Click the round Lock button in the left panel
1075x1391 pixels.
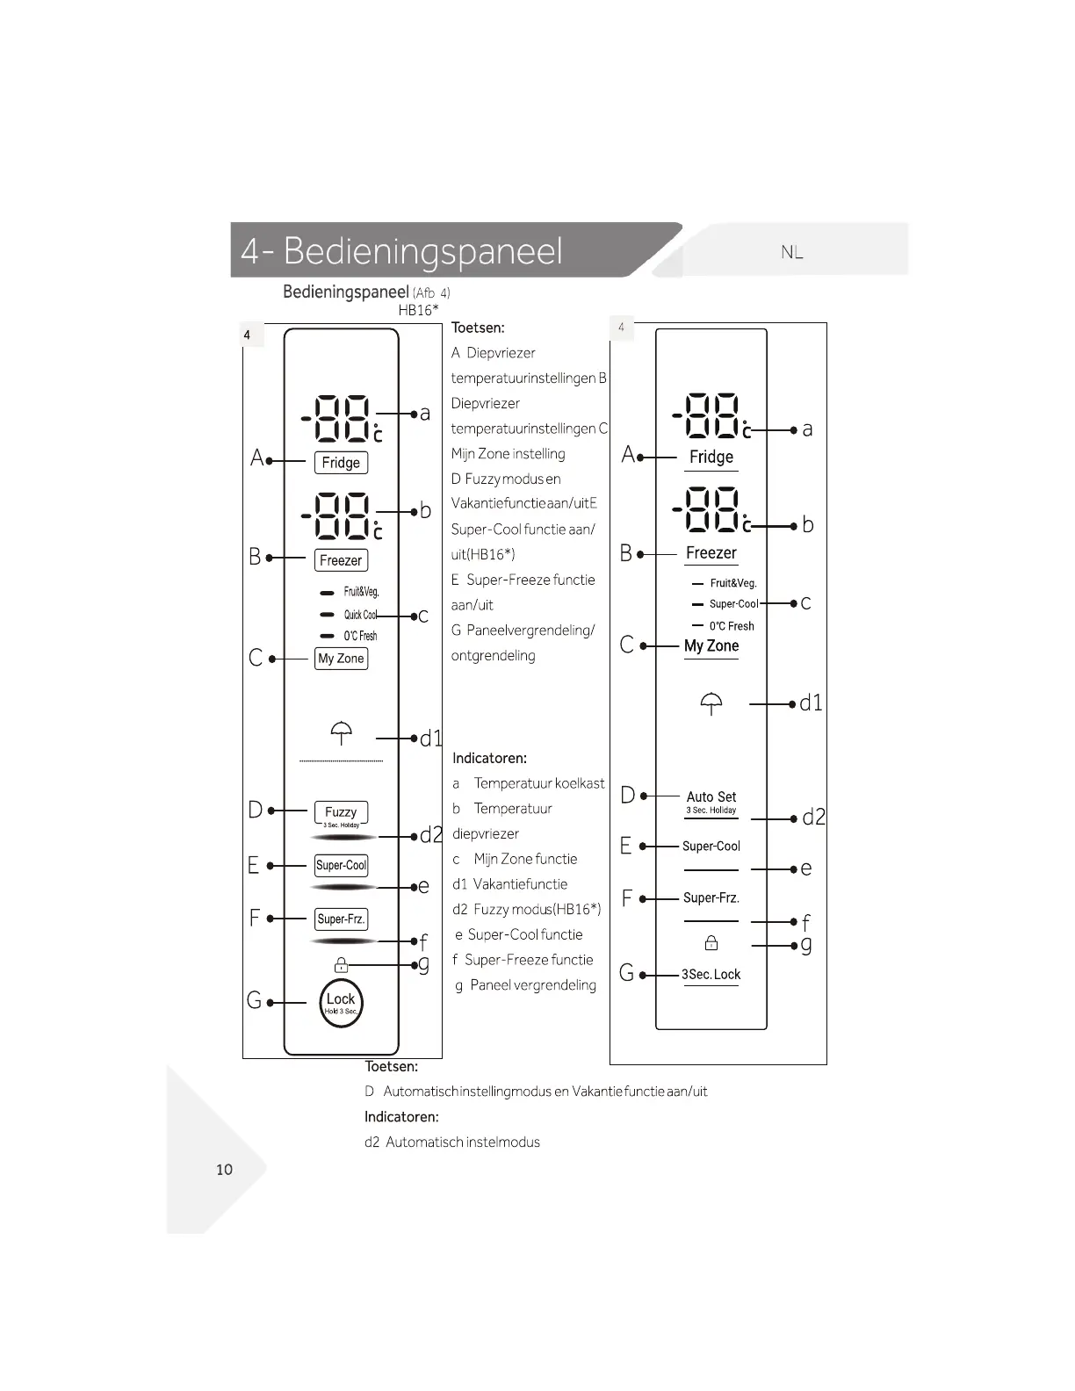pyautogui.click(x=341, y=1002)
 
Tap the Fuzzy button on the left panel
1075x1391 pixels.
pyautogui.click(x=341, y=812)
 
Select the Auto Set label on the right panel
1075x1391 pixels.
pyautogui.click(x=711, y=796)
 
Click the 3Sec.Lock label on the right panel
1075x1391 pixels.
pyautogui.click(x=711, y=975)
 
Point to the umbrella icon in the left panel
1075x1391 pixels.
pyautogui.click(x=342, y=732)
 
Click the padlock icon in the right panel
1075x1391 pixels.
pyautogui.click(x=711, y=943)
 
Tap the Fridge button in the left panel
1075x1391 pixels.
pyautogui.click(x=341, y=463)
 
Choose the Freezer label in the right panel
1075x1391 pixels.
pyautogui.click(x=711, y=553)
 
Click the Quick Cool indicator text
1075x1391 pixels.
pyautogui.click(x=360, y=615)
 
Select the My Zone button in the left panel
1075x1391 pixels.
pyautogui.click(x=341, y=659)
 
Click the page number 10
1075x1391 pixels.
pyautogui.click(x=224, y=1170)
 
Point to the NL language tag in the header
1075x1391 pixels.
pyautogui.click(x=792, y=253)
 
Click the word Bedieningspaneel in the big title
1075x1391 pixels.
pyautogui.click(x=422, y=251)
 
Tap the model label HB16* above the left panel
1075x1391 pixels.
pyautogui.click(x=418, y=310)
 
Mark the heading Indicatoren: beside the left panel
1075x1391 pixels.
pyautogui.click(x=489, y=758)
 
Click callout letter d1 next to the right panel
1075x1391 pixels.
pyautogui.click(x=811, y=703)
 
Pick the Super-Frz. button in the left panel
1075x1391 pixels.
pyautogui.click(x=341, y=919)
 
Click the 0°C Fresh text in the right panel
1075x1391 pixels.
pyautogui.click(x=732, y=626)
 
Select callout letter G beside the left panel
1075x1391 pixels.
pyautogui.click(x=255, y=1000)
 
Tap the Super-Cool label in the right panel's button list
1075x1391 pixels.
pyautogui.click(x=711, y=847)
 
